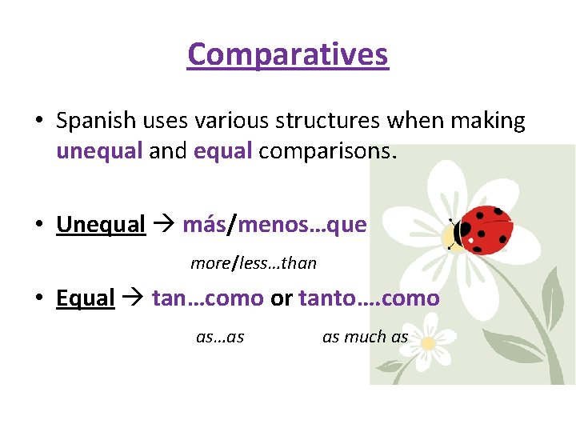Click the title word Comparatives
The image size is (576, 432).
click(288, 54)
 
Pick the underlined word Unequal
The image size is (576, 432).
click(101, 225)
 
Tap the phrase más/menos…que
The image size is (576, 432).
click(274, 225)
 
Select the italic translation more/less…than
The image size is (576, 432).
click(254, 262)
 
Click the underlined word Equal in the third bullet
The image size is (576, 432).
click(86, 298)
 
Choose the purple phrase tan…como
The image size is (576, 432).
click(207, 298)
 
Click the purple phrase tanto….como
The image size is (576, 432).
click(369, 298)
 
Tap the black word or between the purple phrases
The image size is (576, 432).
click(281, 298)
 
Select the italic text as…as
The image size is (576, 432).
click(220, 337)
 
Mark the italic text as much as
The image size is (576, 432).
click(365, 337)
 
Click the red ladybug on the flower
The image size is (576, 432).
click(486, 230)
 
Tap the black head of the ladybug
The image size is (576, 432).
click(462, 233)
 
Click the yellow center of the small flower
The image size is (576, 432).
click(428, 342)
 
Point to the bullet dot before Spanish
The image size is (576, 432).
click(38, 122)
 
